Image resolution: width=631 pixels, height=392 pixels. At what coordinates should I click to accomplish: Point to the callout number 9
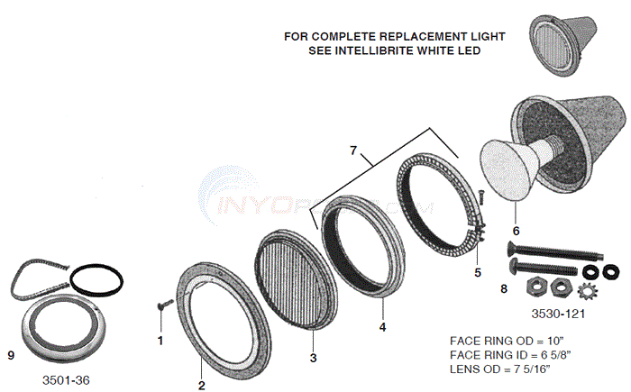11,356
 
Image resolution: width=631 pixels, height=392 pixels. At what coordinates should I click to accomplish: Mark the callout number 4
382,327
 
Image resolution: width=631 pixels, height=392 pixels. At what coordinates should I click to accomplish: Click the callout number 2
201,385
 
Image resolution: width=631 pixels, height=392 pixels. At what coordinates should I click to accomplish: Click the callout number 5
479,271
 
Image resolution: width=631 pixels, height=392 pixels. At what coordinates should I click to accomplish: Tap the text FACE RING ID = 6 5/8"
508,354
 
